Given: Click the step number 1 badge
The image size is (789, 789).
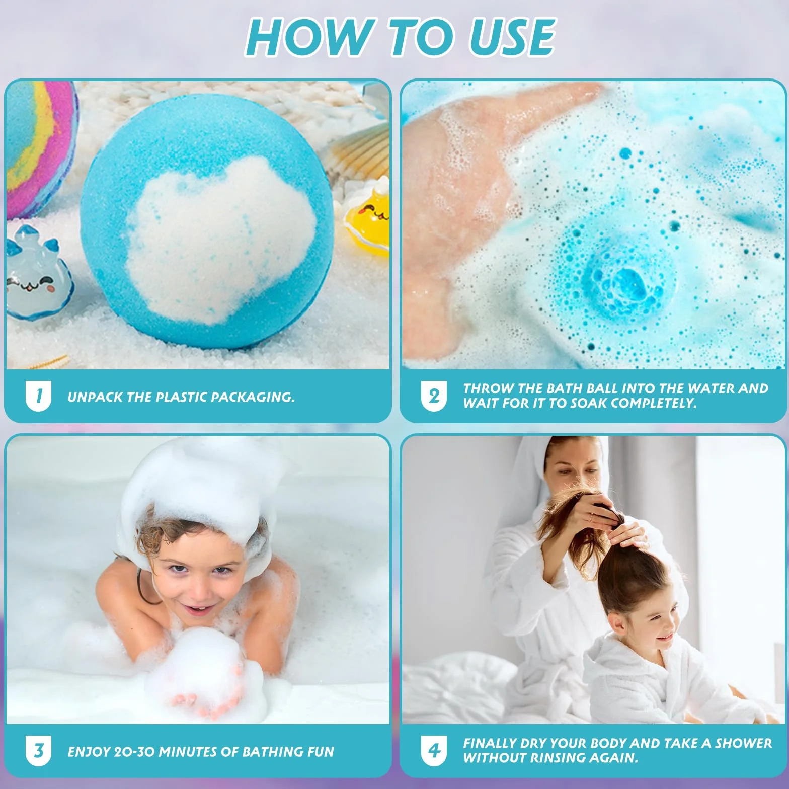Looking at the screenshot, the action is [38, 397].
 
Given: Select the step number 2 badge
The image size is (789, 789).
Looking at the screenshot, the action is [434, 397].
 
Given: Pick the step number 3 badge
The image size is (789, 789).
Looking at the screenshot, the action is [38, 752].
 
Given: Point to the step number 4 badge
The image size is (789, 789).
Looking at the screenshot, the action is [434, 752].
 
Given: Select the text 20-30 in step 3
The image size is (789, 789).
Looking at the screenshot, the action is [135, 752].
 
